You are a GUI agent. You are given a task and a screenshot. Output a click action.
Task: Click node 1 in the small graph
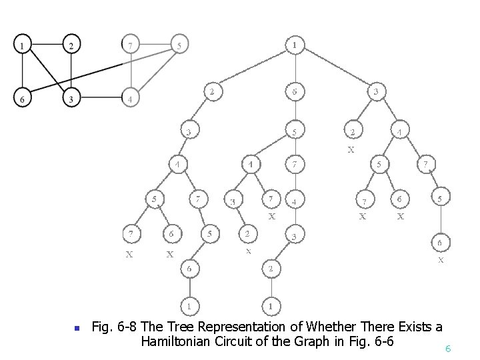tap(23, 45)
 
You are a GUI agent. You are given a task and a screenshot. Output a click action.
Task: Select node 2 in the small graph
tap(71, 45)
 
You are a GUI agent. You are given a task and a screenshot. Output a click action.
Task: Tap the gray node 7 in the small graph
tap(131, 45)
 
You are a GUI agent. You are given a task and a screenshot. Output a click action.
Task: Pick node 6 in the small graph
tap(23, 98)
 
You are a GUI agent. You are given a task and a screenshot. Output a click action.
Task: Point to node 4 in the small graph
tap(131, 98)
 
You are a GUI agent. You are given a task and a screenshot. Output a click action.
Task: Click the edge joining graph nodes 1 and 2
tap(47, 45)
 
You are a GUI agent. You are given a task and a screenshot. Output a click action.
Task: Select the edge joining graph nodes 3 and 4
tap(101, 98)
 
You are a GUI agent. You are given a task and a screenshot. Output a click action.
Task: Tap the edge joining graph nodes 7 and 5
tap(155, 45)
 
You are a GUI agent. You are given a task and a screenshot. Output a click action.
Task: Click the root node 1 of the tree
tap(295, 45)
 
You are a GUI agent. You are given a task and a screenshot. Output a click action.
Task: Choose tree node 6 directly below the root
tap(295, 91)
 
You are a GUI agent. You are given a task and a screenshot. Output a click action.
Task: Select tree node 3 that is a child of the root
tap(376, 91)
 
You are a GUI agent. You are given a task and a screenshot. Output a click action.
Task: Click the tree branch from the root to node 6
tap(295, 68)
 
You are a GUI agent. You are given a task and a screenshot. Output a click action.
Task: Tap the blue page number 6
tap(448, 349)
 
